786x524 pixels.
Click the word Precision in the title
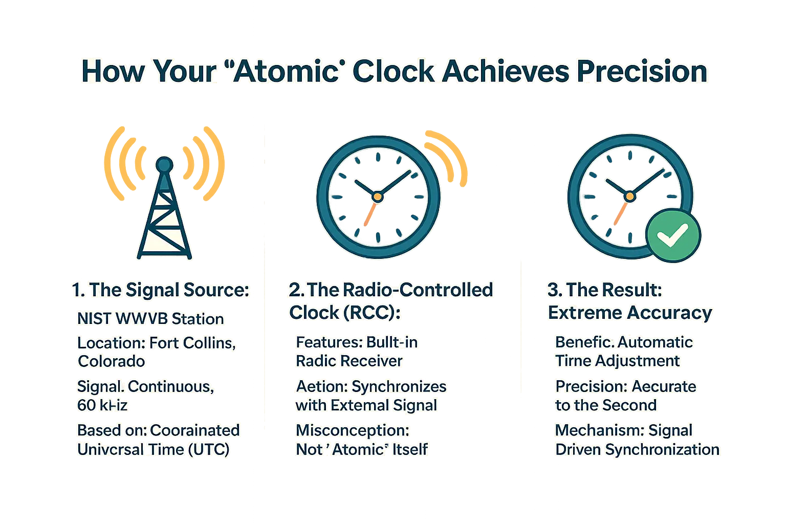coord(642,71)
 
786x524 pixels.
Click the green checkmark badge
coord(673,235)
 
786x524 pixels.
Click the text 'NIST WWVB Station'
coord(150,319)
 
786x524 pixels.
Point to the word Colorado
coord(112,361)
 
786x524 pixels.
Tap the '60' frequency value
coord(86,405)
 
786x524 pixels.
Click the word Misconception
coord(353,430)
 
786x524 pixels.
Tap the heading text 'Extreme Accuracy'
coord(630,313)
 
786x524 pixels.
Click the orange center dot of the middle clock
coord(377,196)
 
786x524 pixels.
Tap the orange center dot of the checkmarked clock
coord(630,196)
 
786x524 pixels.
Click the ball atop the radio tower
coord(164,165)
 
